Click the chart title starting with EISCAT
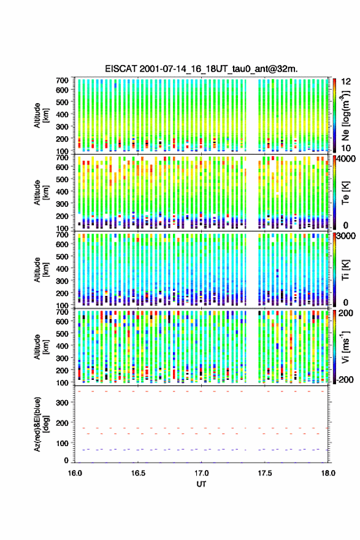pos(201,69)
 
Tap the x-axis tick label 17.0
pos(201,473)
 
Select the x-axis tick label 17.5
pos(265,473)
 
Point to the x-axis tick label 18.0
pos(328,473)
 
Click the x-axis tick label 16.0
pos(75,473)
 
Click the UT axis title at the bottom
pos(201,484)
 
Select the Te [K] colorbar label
pos(345,193)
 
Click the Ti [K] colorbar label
pos(345,269)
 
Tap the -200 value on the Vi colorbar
pos(345,379)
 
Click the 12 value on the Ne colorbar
pos(347,81)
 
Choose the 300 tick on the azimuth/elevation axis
pos(62,403)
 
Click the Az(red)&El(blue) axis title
pos(40,424)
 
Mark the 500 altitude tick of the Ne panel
pos(62,102)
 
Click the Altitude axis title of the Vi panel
pos(41,347)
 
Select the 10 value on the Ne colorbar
pos(347,148)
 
